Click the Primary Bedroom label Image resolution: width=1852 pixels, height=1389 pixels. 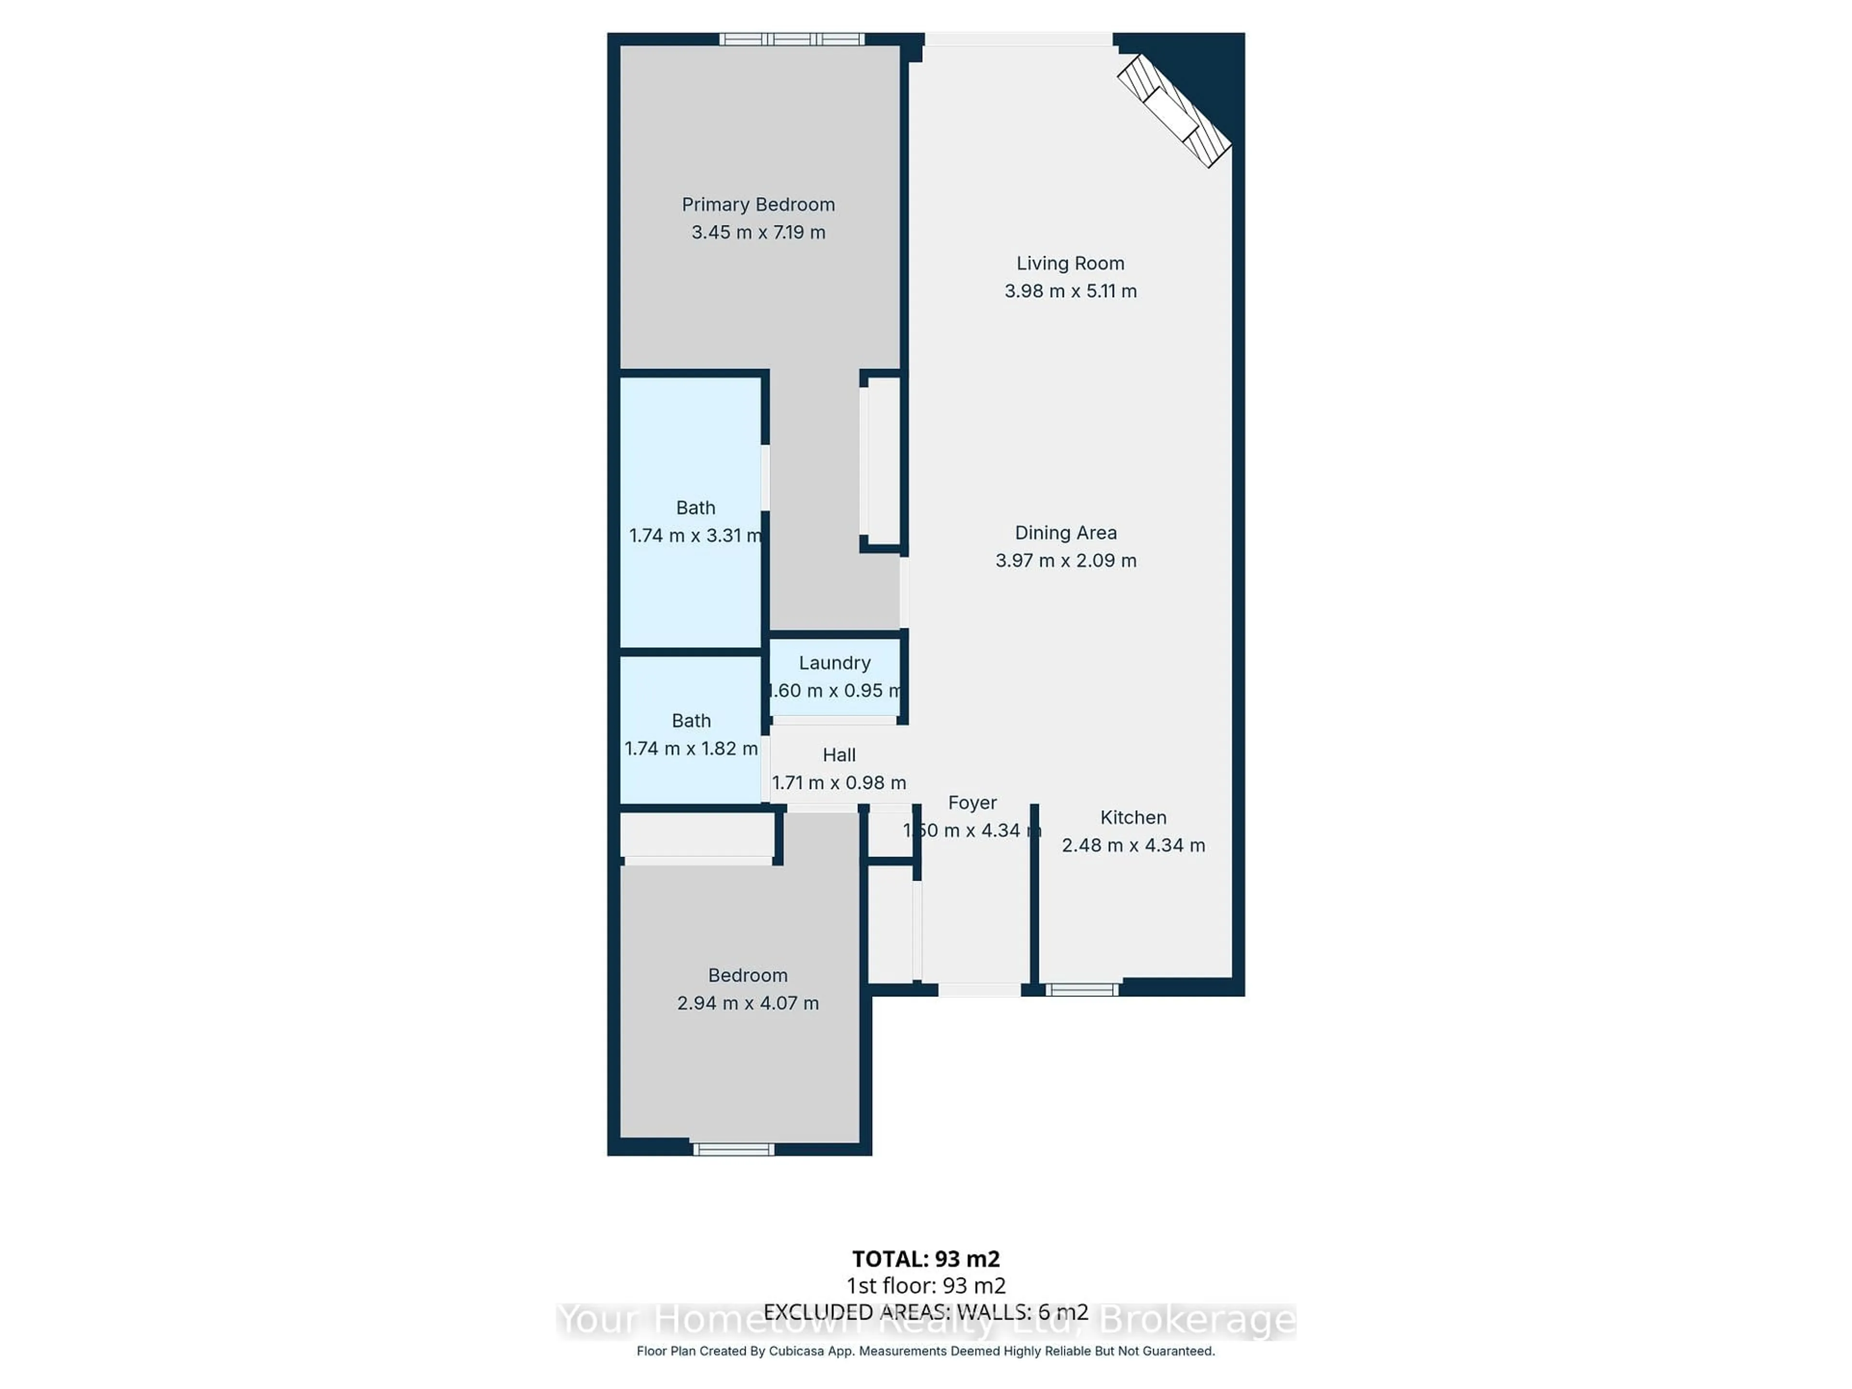click(758, 204)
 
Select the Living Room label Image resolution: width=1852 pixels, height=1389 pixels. click(1070, 263)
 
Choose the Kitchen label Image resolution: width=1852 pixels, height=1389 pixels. click(1133, 817)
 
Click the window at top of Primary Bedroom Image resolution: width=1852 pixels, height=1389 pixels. click(791, 39)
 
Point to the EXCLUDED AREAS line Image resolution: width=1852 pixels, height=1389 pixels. click(925, 1312)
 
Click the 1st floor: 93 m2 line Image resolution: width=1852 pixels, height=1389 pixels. click(925, 1286)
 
